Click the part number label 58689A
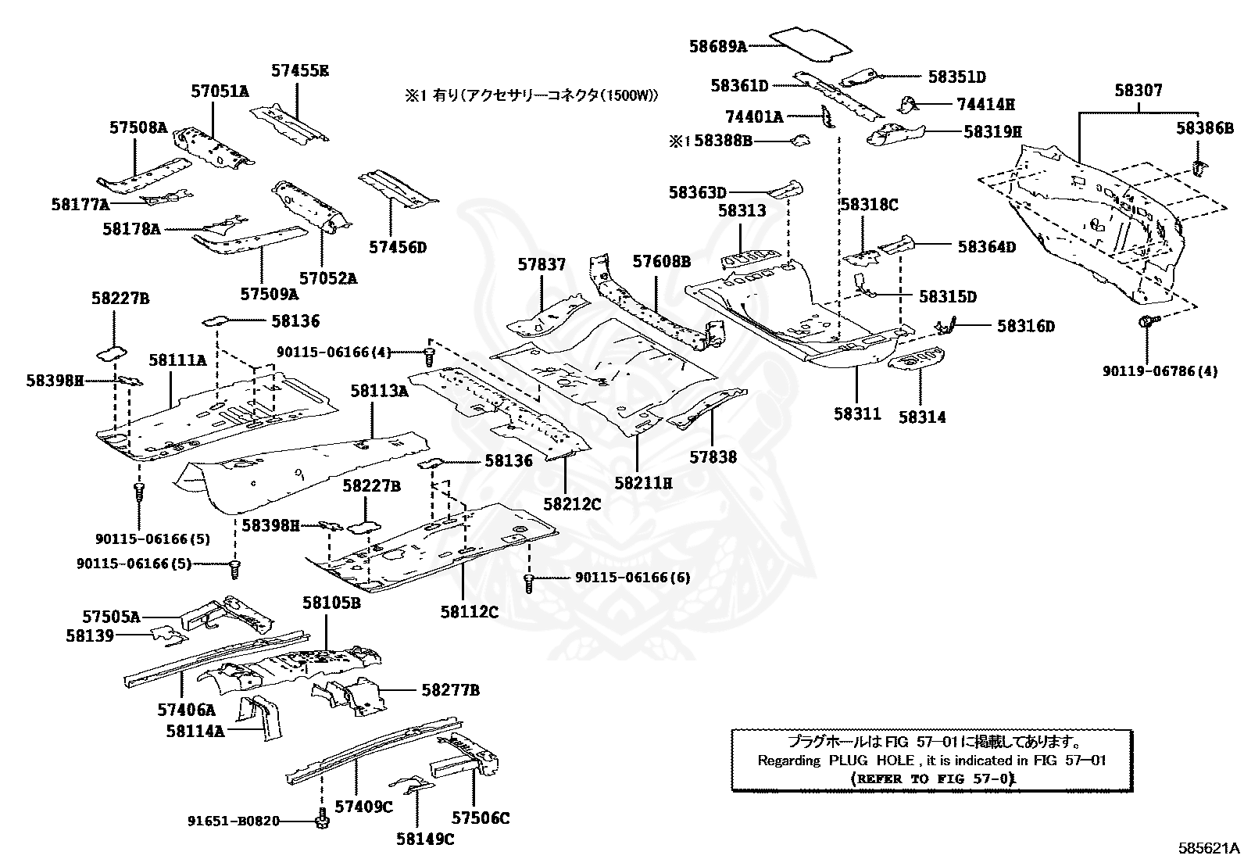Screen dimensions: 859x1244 (x=717, y=46)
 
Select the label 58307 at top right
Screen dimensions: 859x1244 (x=1138, y=91)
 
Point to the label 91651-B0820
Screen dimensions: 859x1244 (x=234, y=821)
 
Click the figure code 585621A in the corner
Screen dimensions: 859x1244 (x=1210, y=847)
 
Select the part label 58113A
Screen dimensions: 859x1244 (x=379, y=391)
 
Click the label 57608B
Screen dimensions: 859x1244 (x=661, y=261)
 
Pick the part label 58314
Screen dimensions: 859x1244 (x=921, y=417)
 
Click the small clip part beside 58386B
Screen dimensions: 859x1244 (x=1198, y=166)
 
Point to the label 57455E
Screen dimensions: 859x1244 (x=300, y=70)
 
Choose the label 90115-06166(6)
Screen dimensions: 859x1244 (x=632, y=578)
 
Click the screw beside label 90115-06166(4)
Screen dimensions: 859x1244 (x=428, y=356)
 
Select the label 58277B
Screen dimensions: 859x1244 (x=450, y=690)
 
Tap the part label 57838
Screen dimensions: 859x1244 (x=713, y=456)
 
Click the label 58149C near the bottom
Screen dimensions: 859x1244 (x=424, y=839)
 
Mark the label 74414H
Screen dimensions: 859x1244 (x=985, y=104)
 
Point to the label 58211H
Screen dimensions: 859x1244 (x=642, y=483)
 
